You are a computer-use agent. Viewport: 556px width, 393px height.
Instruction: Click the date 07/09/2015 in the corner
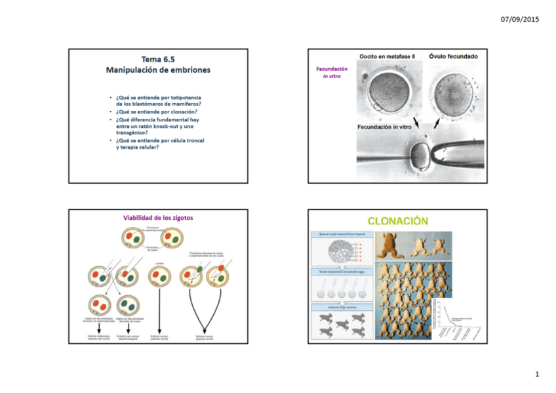click(x=519, y=20)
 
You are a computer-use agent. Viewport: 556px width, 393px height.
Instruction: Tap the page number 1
click(x=536, y=374)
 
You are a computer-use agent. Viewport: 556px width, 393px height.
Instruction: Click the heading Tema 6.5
click(x=158, y=60)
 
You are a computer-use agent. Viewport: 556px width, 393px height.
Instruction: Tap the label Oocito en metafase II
click(x=387, y=57)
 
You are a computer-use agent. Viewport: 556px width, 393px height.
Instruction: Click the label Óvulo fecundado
click(x=453, y=57)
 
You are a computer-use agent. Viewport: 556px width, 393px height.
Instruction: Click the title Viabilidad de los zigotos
click(x=157, y=218)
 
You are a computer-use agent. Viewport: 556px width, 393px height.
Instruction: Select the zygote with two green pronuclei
click(x=127, y=305)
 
